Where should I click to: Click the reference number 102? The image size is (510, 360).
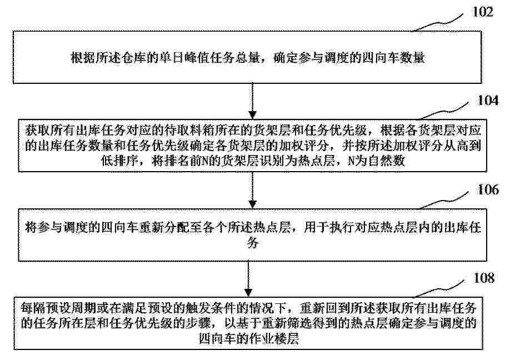pos(483,12)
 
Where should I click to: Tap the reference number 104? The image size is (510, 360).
pos(488,100)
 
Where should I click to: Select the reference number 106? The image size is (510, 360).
pos(488,189)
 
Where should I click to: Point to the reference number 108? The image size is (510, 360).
pos(484,278)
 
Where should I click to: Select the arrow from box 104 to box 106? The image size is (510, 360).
pos(252,190)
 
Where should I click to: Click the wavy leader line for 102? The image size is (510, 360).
pos(438,23)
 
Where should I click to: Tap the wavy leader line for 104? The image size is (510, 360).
pos(443,111)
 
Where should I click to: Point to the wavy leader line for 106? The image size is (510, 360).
pos(443,200)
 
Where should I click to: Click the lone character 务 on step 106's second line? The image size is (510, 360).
pos(252,243)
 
